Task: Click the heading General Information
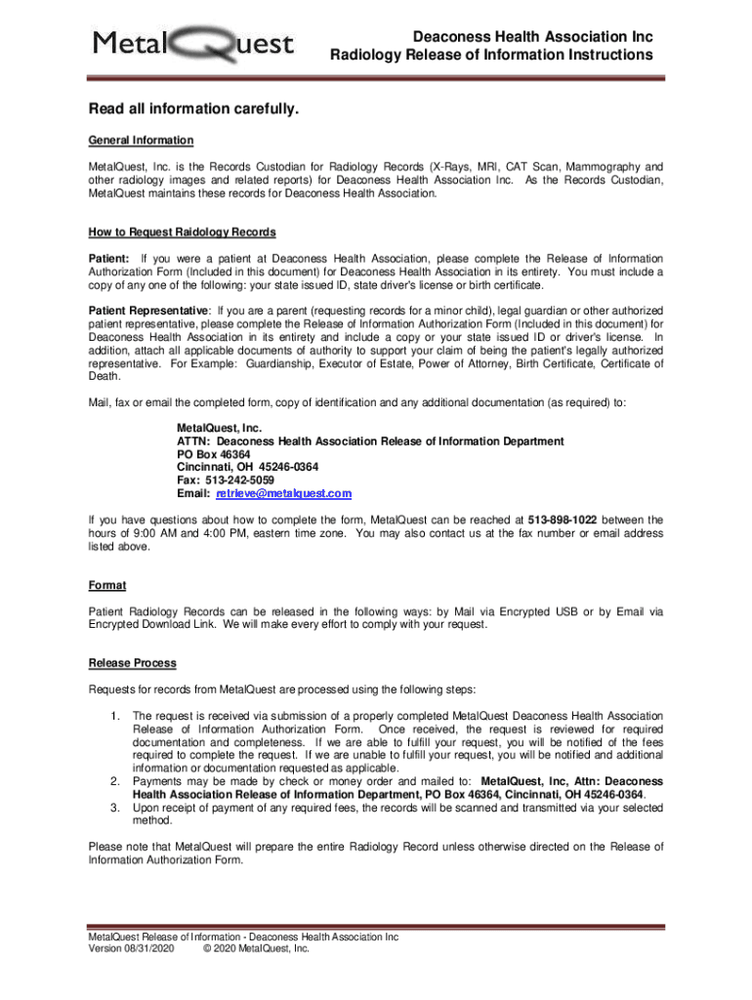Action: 141,141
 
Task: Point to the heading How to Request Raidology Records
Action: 182,232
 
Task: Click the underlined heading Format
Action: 107,586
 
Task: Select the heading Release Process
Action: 132,664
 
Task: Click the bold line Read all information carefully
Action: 192,109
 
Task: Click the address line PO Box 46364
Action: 213,455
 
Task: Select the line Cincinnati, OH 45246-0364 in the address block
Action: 241,468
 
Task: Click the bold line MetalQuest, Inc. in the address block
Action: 219,429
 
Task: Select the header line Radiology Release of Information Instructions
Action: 491,56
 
